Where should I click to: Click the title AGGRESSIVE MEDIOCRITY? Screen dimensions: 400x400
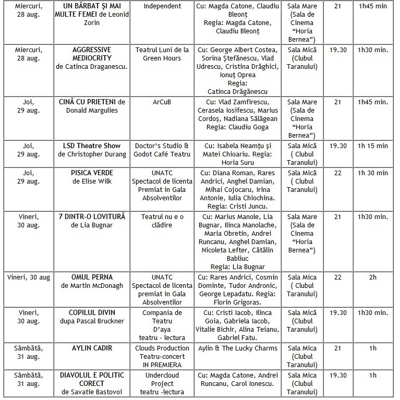coord(92,54)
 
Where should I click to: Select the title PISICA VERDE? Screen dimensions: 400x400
coord(92,173)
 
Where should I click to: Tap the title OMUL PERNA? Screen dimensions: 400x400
coord(92,277)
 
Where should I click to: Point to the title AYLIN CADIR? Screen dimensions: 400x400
coord(92,348)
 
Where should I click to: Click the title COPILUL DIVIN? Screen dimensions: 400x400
coord(92,312)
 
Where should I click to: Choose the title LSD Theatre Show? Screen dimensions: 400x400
coord(92,146)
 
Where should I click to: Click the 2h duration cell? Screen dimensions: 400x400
coord(372,277)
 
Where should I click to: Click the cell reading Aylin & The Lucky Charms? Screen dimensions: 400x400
coord(238,348)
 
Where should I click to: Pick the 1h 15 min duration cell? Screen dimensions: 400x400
coord(372,146)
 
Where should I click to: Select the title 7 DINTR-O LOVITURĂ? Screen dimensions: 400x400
coord(92,216)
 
